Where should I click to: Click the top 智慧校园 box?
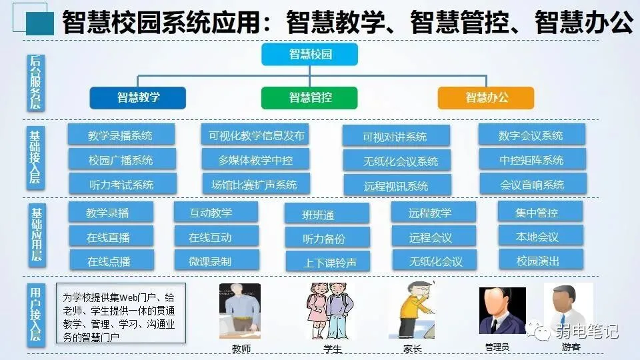click(310, 54)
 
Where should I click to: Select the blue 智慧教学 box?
click(138, 97)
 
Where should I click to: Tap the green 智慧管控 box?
click(310, 97)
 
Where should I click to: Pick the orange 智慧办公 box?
click(486, 97)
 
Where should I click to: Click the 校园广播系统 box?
click(121, 160)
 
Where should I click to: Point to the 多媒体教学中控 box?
click(255, 160)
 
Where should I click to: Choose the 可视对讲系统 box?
click(395, 137)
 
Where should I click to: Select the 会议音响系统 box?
click(532, 185)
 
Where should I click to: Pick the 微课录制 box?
click(215, 260)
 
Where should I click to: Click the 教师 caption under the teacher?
click(241, 348)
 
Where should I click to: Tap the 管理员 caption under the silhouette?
click(497, 347)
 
